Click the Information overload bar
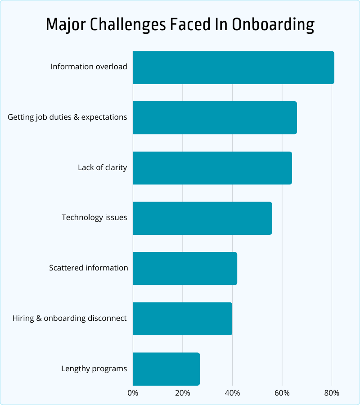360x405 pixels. pyautogui.click(x=234, y=67)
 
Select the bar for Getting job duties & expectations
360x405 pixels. pyautogui.click(x=215, y=117)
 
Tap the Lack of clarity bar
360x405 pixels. pyautogui.click(x=212, y=168)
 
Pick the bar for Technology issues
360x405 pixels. pyautogui.click(x=202, y=218)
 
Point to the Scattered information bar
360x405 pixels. pyautogui.click(x=185, y=268)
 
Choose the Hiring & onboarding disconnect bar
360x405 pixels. pyautogui.click(x=182, y=319)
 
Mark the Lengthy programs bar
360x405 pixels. pyautogui.click(x=166, y=369)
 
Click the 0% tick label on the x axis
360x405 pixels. pyautogui.click(x=133, y=393)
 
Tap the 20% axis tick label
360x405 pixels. pyautogui.click(x=182, y=393)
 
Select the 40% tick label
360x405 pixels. pyautogui.click(x=232, y=393)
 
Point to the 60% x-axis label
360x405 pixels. pyautogui.click(x=282, y=393)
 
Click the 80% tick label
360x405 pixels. pyautogui.click(x=332, y=393)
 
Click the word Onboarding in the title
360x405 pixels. pyautogui.click(x=273, y=25)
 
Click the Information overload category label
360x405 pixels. pyautogui.click(x=89, y=67)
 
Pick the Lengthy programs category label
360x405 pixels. pyautogui.click(x=94, y=369)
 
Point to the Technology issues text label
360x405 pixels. pyautogui.click(x=94, y=218)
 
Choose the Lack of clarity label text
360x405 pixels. pyautogui.click(x=103, y=168)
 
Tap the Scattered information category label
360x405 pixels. pyautogui.click(x=89, y=268)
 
